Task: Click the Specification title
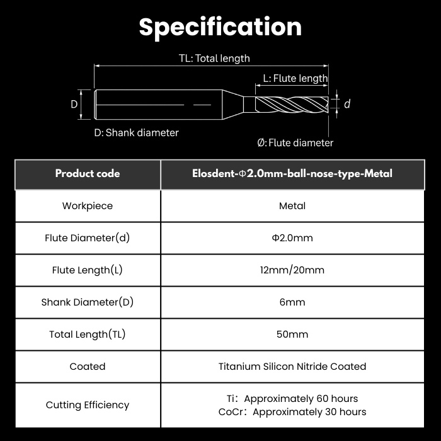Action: click(x=220, y=27)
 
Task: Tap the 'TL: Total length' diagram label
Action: click(x=214, y=58)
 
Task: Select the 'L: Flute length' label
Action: click(x=295, y=78)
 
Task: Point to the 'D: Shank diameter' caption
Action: click(x=137, y=132)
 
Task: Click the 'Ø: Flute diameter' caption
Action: click(x=295, y=142)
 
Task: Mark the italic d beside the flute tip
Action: click(x=347, y=104)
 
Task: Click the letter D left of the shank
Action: click(x=74, y=105)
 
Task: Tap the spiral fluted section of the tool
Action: click(x=292, y=105)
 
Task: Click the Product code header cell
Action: click(x=88, y=173)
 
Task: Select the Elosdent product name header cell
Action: click(x=292, y=173)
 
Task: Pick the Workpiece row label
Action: click(x=88, y=206)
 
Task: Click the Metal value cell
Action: click(x=292, y=206)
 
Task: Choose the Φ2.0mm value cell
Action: click(x=292, y=238)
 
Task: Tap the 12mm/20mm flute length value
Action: click(x=292, y=270)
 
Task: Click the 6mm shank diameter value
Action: click(x=292, y=302)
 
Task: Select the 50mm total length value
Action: click(x=292, y=334)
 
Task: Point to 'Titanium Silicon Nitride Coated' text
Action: click(x=292, y=367)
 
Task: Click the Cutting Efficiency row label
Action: click(x=88, y=405)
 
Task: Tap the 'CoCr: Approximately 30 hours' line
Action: click(x=292, y=412)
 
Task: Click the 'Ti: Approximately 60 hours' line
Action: click(x=292, y=399)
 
